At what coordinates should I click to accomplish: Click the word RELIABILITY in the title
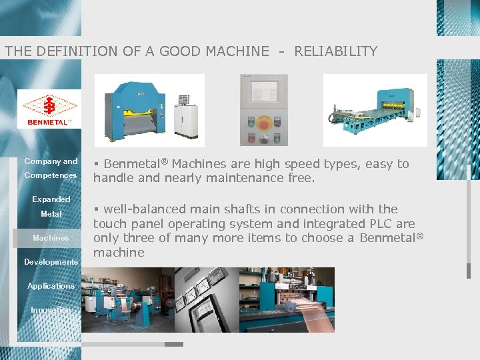tap(336, 51)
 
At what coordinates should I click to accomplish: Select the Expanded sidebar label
tap(51, 199)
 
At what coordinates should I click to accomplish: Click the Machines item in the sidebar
tap(51, 238)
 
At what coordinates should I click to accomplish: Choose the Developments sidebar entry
tap(51, 262)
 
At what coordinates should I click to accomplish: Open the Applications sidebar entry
tap(51, 286)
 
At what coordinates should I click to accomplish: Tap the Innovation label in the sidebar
tap(50, 310)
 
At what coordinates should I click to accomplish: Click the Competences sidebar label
tap(51, 175)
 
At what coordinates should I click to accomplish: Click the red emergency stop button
tap(264, 123)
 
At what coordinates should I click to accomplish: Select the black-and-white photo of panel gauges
tap(205, 299)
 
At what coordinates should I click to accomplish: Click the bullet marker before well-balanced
tap(96, 209)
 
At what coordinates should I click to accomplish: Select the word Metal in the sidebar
tap(51, 214)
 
